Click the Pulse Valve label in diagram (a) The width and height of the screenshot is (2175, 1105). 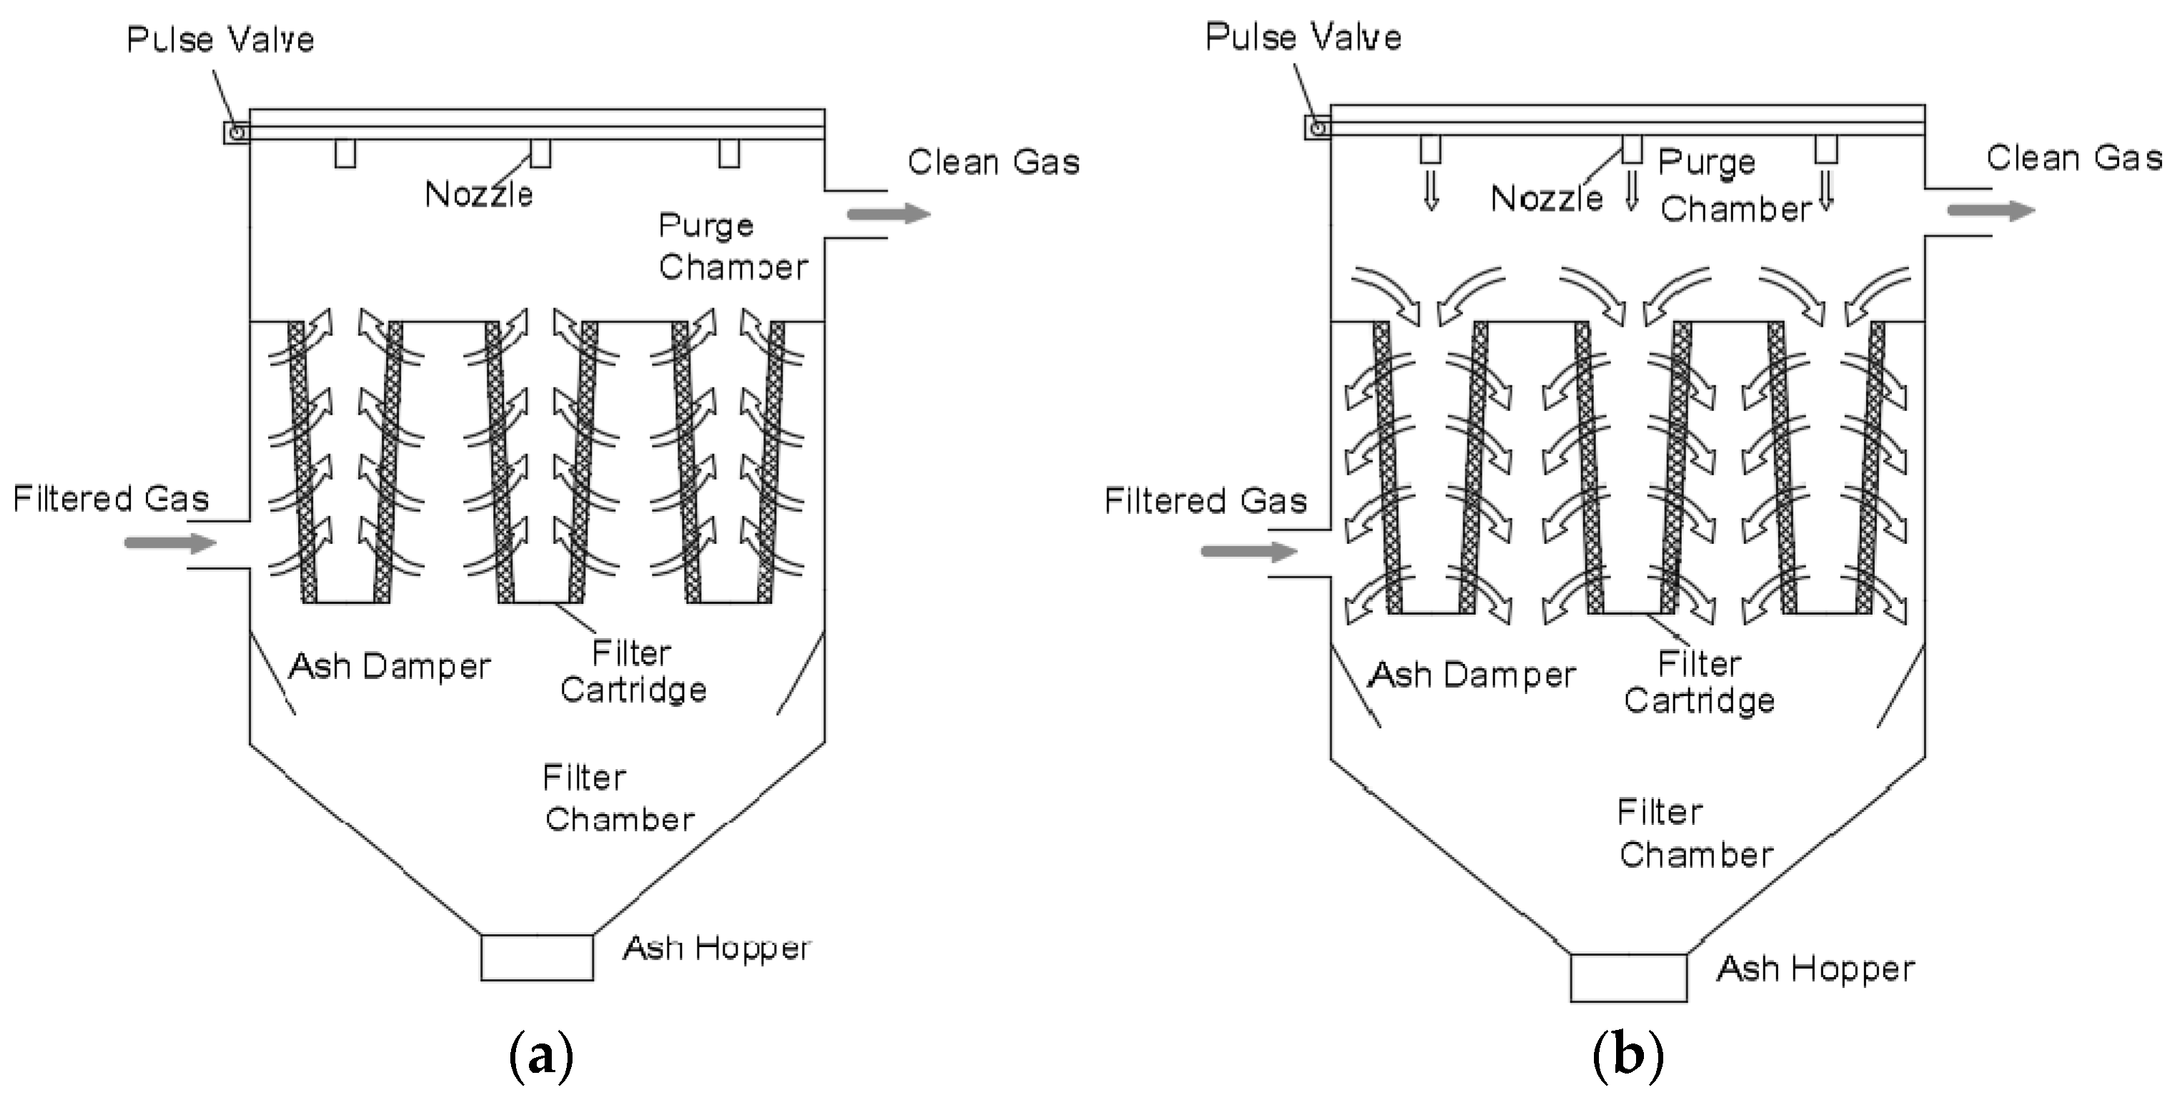220,40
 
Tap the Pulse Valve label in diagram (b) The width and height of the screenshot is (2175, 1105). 1303,37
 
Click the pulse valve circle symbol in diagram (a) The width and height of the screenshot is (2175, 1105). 237,132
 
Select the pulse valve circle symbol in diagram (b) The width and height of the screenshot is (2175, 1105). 1317,127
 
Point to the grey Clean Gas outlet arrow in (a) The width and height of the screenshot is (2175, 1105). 888,213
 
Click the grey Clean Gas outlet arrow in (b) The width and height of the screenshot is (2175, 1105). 1991,209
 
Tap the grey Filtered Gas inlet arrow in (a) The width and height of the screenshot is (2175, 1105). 171,542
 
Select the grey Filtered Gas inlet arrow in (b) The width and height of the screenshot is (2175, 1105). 1249,551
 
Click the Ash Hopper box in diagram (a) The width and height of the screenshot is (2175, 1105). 537,956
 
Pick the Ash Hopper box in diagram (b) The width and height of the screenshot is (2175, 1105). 1628,978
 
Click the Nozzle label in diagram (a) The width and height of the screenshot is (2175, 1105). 479,195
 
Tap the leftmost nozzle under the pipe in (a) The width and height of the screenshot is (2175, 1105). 345,154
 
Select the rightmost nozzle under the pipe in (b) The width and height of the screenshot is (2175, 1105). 1826,149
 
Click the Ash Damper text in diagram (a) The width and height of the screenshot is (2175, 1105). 390,667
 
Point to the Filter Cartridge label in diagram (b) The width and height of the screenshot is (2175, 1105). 1699,682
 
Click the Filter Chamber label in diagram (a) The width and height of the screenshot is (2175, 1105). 618,798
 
